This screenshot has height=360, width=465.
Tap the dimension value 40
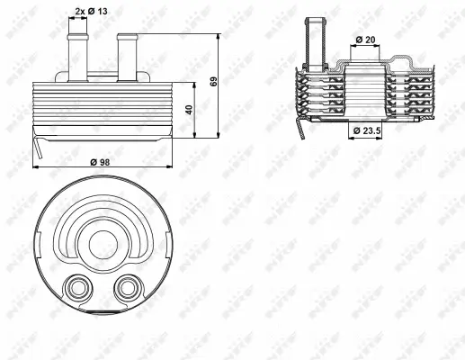click(x=189, y=110)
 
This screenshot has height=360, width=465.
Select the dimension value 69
click(x=213, y=82)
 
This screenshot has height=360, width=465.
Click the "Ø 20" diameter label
click(x=364, y=40)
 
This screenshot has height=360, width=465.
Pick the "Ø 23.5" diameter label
click(x=368, y=131)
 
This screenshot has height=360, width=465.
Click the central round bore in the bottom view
click(x=102, y=239)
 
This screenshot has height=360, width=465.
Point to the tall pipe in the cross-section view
click(x=315, y=40)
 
